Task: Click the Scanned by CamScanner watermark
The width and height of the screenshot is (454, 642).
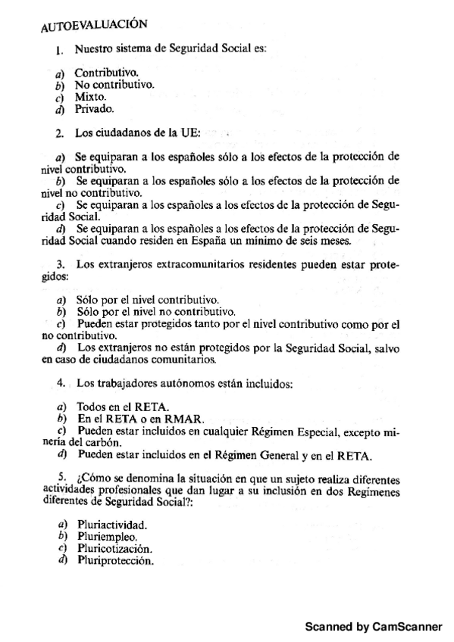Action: click(x=373, y=628)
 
